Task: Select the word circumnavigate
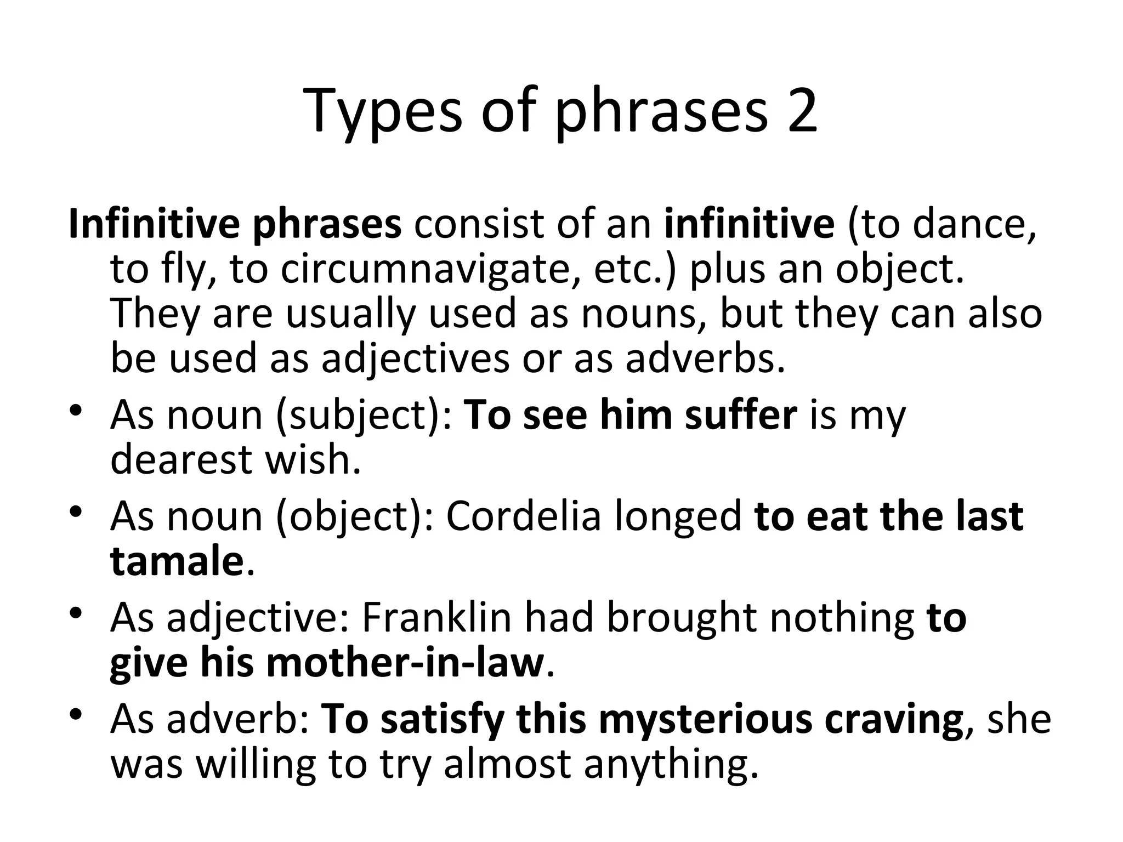[x=430, y=270]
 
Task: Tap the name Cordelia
[x=523, y=516]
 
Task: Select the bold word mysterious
[x=705, y=719]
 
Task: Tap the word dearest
[x=181, y=459]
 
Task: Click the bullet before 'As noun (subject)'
[x=77, y=411]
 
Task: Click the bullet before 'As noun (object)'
[x=77, y=512]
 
